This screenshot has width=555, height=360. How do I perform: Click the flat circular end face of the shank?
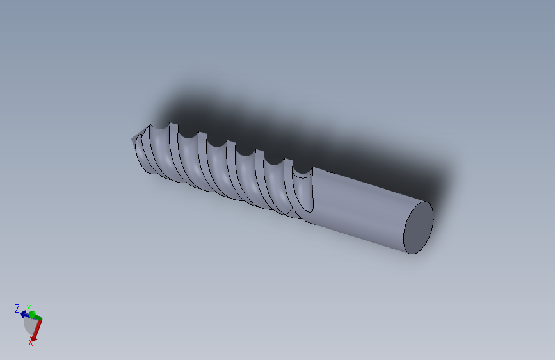click(419, 227)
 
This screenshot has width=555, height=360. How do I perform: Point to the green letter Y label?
click(28, 308)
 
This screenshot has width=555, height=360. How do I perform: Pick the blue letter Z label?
click(17, 309)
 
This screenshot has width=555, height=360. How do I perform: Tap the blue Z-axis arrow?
click(24, 314)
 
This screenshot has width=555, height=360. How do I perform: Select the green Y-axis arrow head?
click(33, 314)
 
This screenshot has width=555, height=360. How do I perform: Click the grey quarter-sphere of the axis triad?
click(29, 325)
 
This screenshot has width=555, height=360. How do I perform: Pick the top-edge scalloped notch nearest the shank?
click(303, 170)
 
